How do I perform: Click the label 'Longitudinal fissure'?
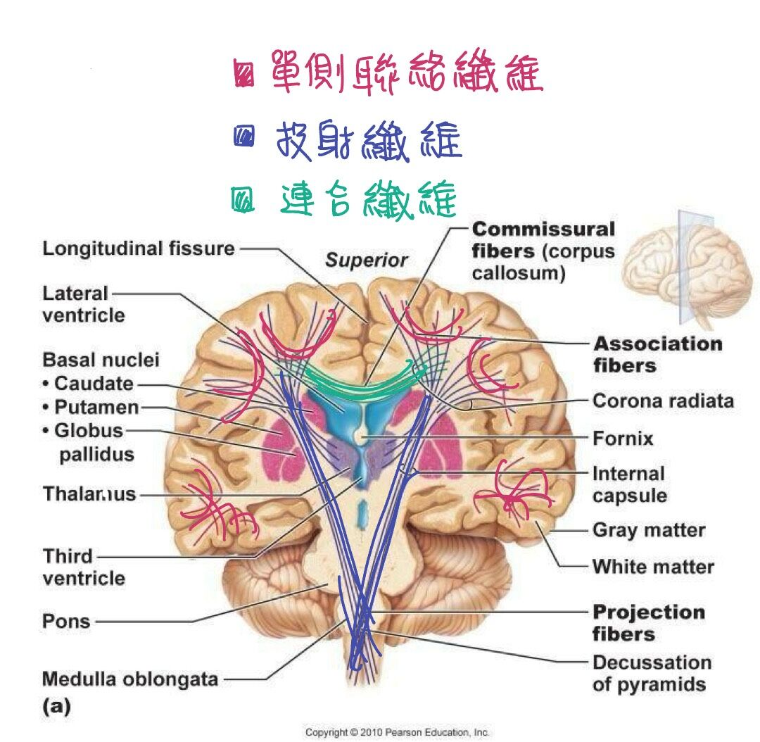click(x=139, y=249)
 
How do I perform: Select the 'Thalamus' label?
click(x=89, y=494)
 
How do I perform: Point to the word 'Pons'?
click(x=66, y=621)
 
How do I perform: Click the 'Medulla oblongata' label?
click(x=130, y=679)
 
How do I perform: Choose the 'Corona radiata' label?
click(x=663, y=401)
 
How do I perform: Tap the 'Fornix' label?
click(x=623, y=439)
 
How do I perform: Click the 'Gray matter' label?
click(x=649, y=530)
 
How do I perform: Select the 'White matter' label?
click(x=653, y=567)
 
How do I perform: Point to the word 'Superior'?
click(x=367, y=260)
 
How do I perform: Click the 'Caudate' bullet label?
click(x=88, y=384)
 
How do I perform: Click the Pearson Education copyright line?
click(x=396, y=732)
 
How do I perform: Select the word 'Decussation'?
click(x=652, y=662)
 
